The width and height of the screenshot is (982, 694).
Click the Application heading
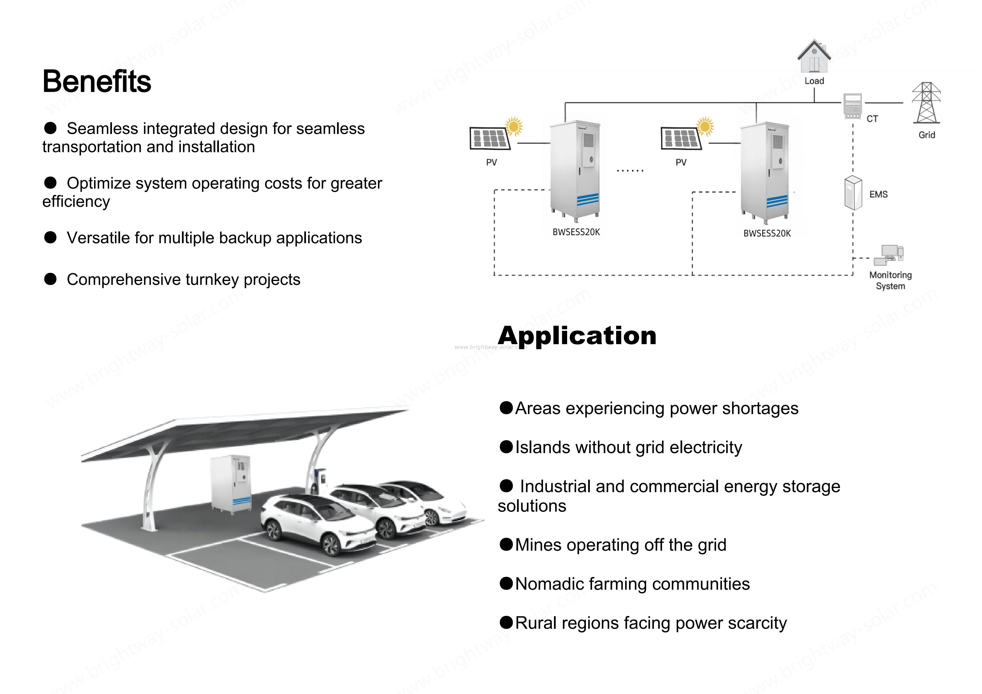pos(577,336)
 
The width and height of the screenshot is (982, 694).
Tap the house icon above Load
pos(814,57)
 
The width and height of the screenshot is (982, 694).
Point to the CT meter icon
pos(852,106)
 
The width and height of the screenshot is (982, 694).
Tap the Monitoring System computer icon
pos(889,255)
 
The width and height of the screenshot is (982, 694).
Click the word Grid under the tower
pos(926,135)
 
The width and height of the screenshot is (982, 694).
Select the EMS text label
pos(878,194)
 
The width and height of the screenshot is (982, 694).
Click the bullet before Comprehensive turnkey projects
pos(50,280)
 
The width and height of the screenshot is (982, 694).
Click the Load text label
pos(814,81)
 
